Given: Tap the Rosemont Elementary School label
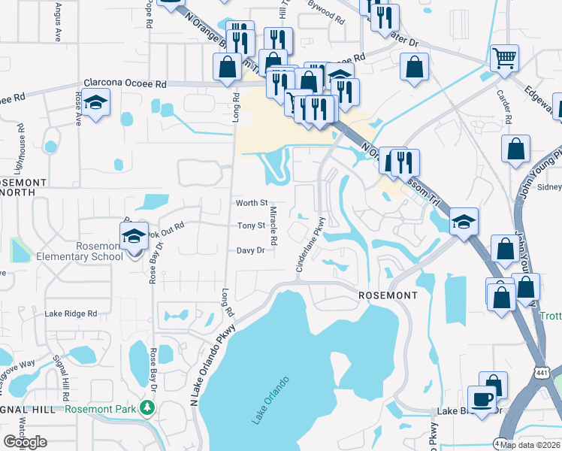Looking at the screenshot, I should [x=79, y=251].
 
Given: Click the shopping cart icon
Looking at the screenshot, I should [x=504, y=57].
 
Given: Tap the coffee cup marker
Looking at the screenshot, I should [x=482, y=398].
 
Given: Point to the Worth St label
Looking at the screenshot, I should [x=252, y=203].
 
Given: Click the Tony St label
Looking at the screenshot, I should [x=251, y=225].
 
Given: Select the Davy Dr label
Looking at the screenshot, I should [x=251, y=250].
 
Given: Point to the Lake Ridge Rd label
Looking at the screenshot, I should [x=71, y=313].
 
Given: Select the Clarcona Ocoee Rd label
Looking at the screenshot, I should [x=125, y=84].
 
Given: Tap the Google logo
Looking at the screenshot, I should [x=24, y=442].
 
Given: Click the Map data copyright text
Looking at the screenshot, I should [x=530, y=444].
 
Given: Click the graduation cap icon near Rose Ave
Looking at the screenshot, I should [x=96, y=102].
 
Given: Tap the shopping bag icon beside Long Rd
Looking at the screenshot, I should [x=227, y=68].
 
